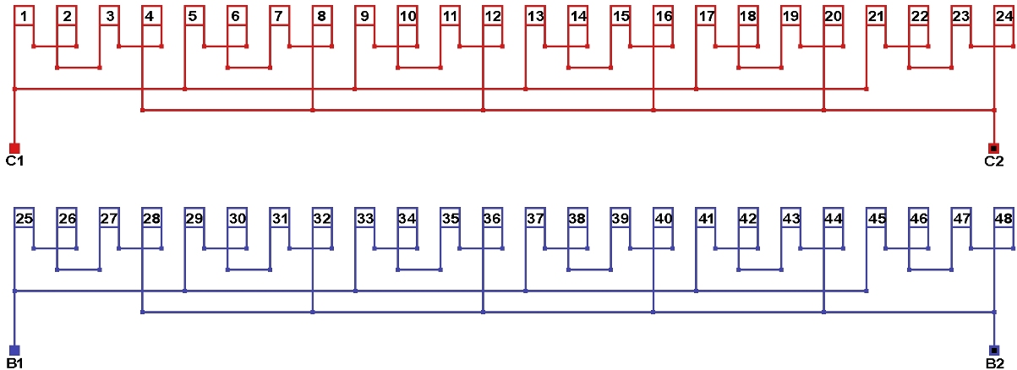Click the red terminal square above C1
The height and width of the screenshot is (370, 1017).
[x=14, y=148]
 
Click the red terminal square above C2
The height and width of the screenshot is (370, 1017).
[x=994, y=148]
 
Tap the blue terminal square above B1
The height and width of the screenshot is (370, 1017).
[x=14, y=350]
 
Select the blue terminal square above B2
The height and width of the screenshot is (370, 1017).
[x=994, y=350]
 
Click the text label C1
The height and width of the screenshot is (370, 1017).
[x=14, y=161]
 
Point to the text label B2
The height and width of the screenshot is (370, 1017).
[x=995, y=363]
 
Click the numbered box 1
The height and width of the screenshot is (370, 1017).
[x=24, y=16]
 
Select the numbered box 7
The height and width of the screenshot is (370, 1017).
[x=279, y=16]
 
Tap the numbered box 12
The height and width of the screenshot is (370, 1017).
[x=493, y=16]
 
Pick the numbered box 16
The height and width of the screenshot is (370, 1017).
[x=663, y=16]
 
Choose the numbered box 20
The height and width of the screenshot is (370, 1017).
[x=834, y=16]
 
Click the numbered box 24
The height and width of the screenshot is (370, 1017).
[x=1004, y=16]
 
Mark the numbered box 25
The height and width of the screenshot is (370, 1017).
[x=24, y=218]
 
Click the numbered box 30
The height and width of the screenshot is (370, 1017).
[x=237, y=218]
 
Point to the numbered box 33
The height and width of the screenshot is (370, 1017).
[x=364, y=218]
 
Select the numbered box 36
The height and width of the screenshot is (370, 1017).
[x=493, y=218]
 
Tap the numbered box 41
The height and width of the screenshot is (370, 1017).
[x=706, y=218]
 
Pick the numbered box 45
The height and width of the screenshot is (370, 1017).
[x=877, y=218]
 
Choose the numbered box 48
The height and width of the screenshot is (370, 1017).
[x=1004, y=218]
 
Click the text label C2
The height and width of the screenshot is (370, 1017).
[x=994, y=161]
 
